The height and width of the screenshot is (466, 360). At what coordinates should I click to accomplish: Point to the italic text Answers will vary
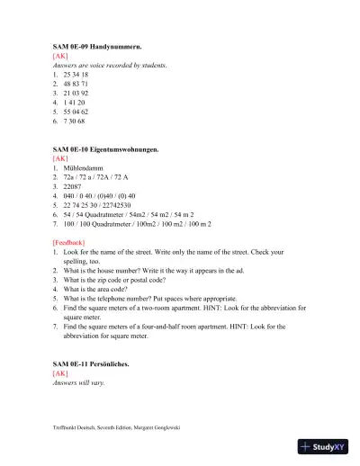(x=80, y=382)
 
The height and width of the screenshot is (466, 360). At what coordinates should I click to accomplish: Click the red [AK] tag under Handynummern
(x=60, y=55)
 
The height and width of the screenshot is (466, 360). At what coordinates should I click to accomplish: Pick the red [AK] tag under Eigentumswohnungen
(x=60, y=158)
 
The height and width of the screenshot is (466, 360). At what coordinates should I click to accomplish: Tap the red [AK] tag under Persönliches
(x=60, y=372)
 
